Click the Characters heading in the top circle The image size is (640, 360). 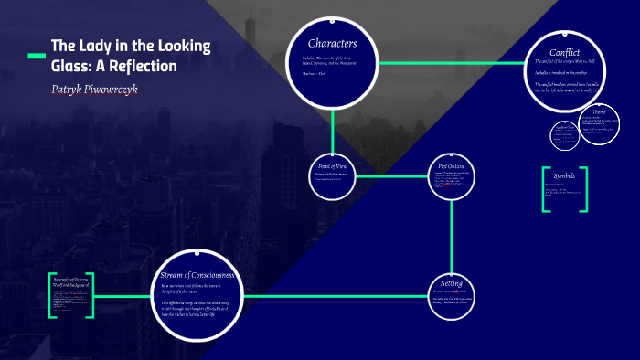tap(332, 44)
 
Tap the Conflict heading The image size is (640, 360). tap(565, 52)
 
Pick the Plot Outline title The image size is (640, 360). tap(452, 166)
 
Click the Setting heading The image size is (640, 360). tap(452, 283)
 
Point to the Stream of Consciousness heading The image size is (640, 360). tap(197, 275)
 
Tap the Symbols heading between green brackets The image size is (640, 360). tap(564, 175)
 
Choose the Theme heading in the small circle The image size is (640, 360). tap(599, 111)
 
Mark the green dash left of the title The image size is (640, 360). tap(36, 57)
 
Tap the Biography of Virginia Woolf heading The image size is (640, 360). tap(70, 281)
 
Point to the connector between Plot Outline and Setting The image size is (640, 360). tap(452, 234)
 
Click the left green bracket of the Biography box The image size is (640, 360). tap(51, 294)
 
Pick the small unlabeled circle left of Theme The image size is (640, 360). tap(563, 134)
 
